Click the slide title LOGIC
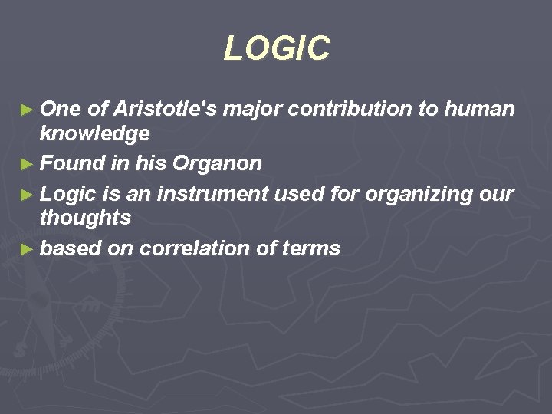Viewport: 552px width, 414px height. pyautogui.click(x=277, y=48)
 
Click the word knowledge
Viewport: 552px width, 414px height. pyautogui.click(x=94, y=134)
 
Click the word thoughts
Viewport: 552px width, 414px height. pyautogui.click(x=85, y=218)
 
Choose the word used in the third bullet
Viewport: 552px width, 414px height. pyautogui.click(x=285, y=195)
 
